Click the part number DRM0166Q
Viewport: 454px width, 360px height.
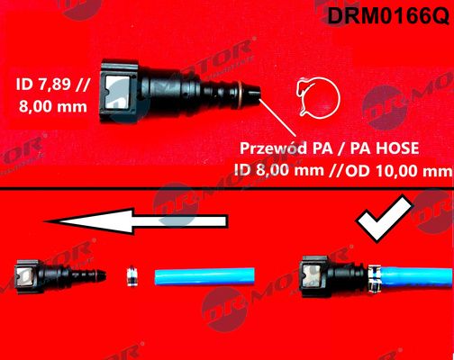pyautogui.click(x=388, y=15)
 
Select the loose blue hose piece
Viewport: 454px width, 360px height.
pyautogui.click(x=204, y=276)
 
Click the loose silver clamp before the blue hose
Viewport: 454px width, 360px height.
pyautogui.click(x=132, y=275)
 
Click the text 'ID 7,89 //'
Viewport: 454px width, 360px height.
pyautogui.click(x=53, y=85)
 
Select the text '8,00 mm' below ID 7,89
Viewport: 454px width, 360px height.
pyautogui.click(x=53, y=106)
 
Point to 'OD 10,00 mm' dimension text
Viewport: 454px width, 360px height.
pyautogui.click(x=399, y=171)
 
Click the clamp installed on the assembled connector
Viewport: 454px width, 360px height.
pyautogui.click(x=375, y=277)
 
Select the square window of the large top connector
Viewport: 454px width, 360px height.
pyautogui.click(x=118, y=92)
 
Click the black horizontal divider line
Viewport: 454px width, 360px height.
pyautogui.click(x=227, y=189)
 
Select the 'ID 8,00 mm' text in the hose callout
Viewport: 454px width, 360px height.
pyautogui.click(x=279, y=171)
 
